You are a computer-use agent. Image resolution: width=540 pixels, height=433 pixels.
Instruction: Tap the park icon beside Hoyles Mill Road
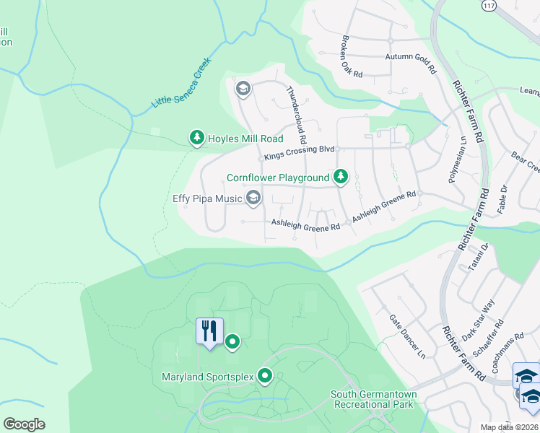click(x=196, y=137)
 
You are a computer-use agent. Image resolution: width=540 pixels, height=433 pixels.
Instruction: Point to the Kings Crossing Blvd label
click(x=300, y=149)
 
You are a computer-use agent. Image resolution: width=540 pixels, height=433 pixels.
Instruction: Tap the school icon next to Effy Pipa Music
click(x=253, y=197)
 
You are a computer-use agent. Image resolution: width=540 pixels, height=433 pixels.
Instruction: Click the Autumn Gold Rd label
click(x=411, y=63)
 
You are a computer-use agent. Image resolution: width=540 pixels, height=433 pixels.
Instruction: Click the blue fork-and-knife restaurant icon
click(x=209, y=331)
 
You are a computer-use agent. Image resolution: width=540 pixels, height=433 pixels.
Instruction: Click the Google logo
click(x=24, y=424)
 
